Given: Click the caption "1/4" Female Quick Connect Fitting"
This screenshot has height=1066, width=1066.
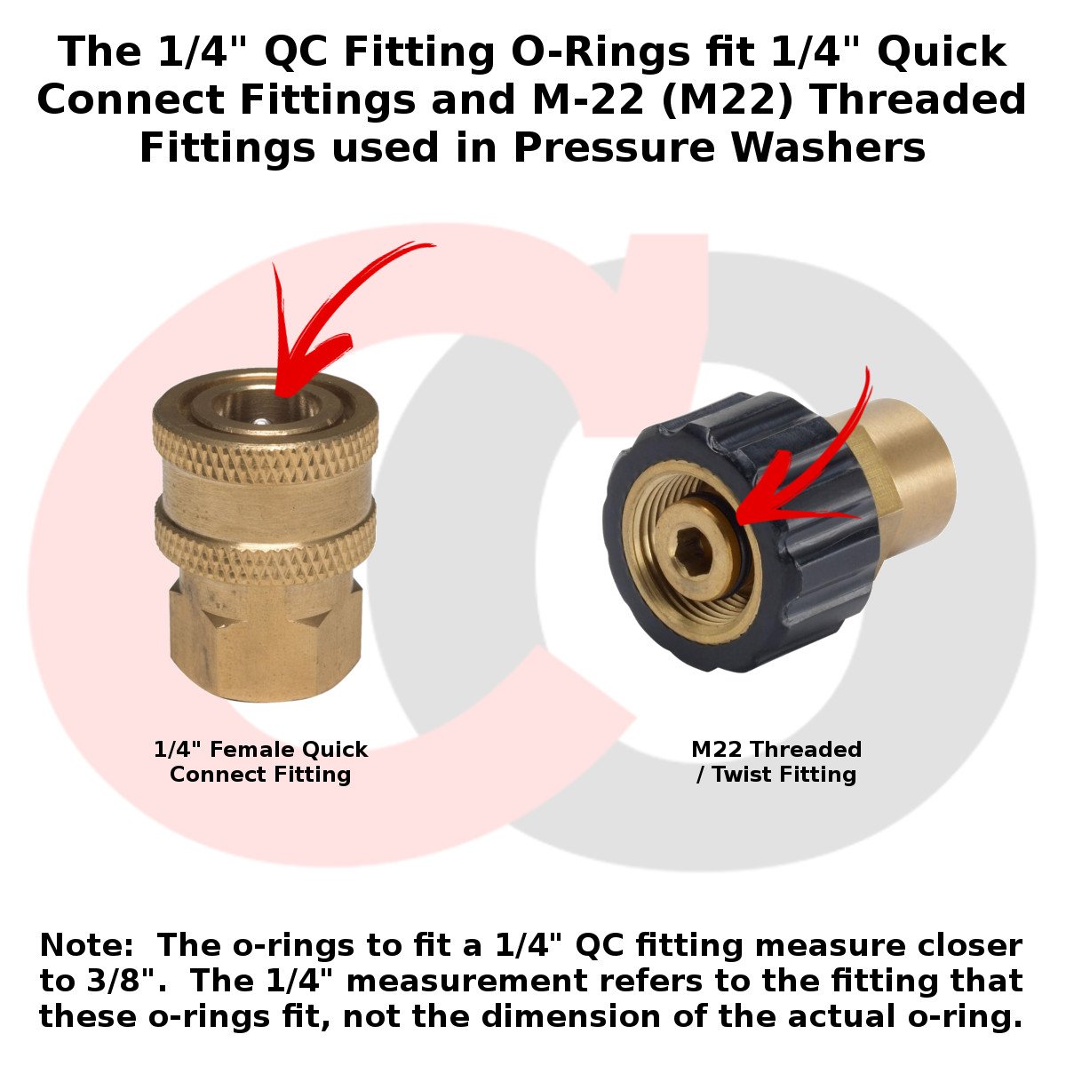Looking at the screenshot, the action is (x=260, y=761).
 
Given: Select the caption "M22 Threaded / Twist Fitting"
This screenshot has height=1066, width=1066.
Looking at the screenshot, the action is (x=776, y=761).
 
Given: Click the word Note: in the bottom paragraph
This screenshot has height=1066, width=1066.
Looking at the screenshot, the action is (x=86, y=945).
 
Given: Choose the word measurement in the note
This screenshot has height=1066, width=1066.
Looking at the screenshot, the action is (x=467, y=982).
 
